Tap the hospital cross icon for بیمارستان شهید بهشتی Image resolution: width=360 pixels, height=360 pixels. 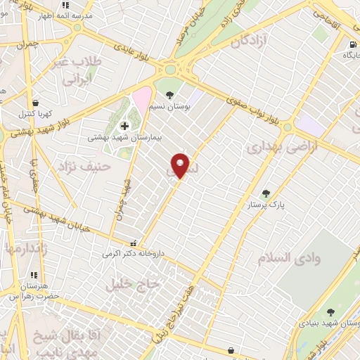click(124, 126)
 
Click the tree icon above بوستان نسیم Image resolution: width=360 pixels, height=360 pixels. click(169, 94)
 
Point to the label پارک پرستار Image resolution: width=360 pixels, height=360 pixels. click(266, 205)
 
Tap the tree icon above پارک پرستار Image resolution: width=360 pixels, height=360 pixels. click(266, 193)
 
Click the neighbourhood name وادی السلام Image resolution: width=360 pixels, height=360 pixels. click(294, 258)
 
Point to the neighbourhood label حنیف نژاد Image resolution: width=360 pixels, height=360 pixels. click(78, 167)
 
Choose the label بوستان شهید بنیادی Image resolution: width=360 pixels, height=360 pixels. click(330, 323)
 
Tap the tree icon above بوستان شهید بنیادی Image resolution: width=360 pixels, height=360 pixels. click(330, 312)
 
